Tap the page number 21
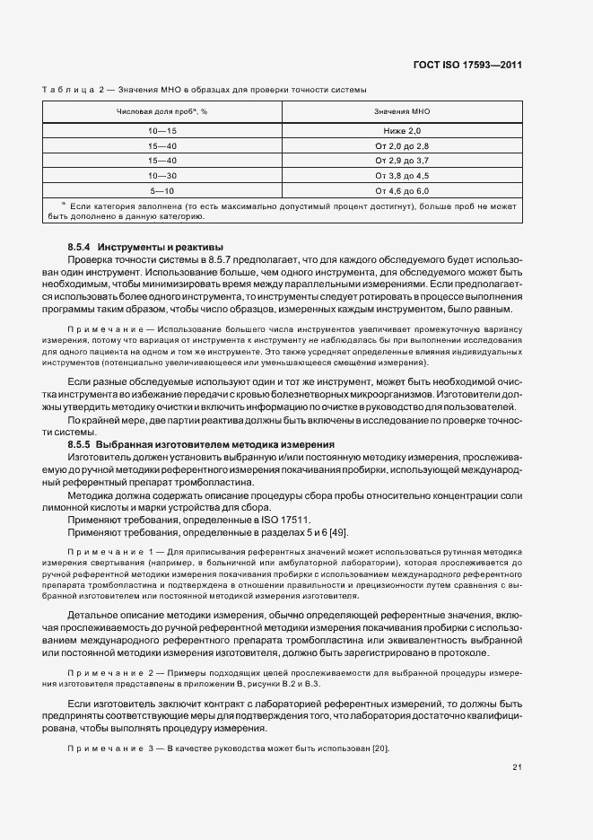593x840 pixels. coord(518,766)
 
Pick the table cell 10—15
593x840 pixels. coord(162,132)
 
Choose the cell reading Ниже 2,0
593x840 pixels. coord(402,132)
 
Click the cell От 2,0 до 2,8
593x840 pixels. coord(402,146)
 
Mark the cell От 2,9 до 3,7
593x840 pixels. coord(402,161)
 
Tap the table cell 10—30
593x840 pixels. coord(162,176)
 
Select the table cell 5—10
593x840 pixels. coord(162,190)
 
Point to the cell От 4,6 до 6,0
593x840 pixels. coord(402,190)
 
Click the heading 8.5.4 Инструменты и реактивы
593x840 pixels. coord(144,247)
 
